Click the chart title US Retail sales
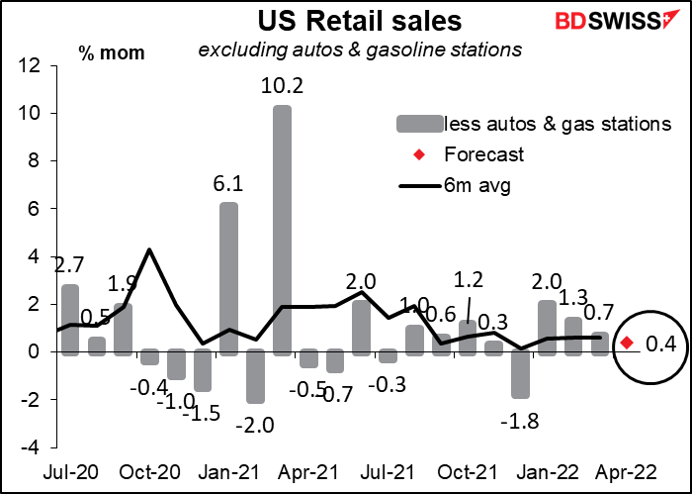pos(360,20)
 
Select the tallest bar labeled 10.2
pos(282,231)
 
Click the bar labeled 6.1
pos(229,279)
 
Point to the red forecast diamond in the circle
pos(627,343)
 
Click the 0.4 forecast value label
pos(660,344)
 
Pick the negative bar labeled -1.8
pos(520,373)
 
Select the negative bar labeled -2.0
pos(255,376)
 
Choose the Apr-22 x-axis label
pos(626,472)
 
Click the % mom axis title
pos(112,52)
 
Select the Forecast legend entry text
pos(483,154)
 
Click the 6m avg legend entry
pos(455,186)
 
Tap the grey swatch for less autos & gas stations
pos(419,124)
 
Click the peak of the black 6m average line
pos(149,249)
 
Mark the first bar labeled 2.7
pos(70,320)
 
